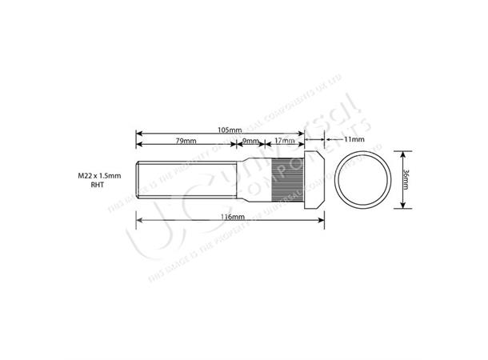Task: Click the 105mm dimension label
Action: (229, 129)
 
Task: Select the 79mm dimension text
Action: (186, 141)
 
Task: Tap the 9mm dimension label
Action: (251, 141)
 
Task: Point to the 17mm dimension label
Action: (284, 141)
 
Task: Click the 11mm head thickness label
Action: (354, 139)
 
